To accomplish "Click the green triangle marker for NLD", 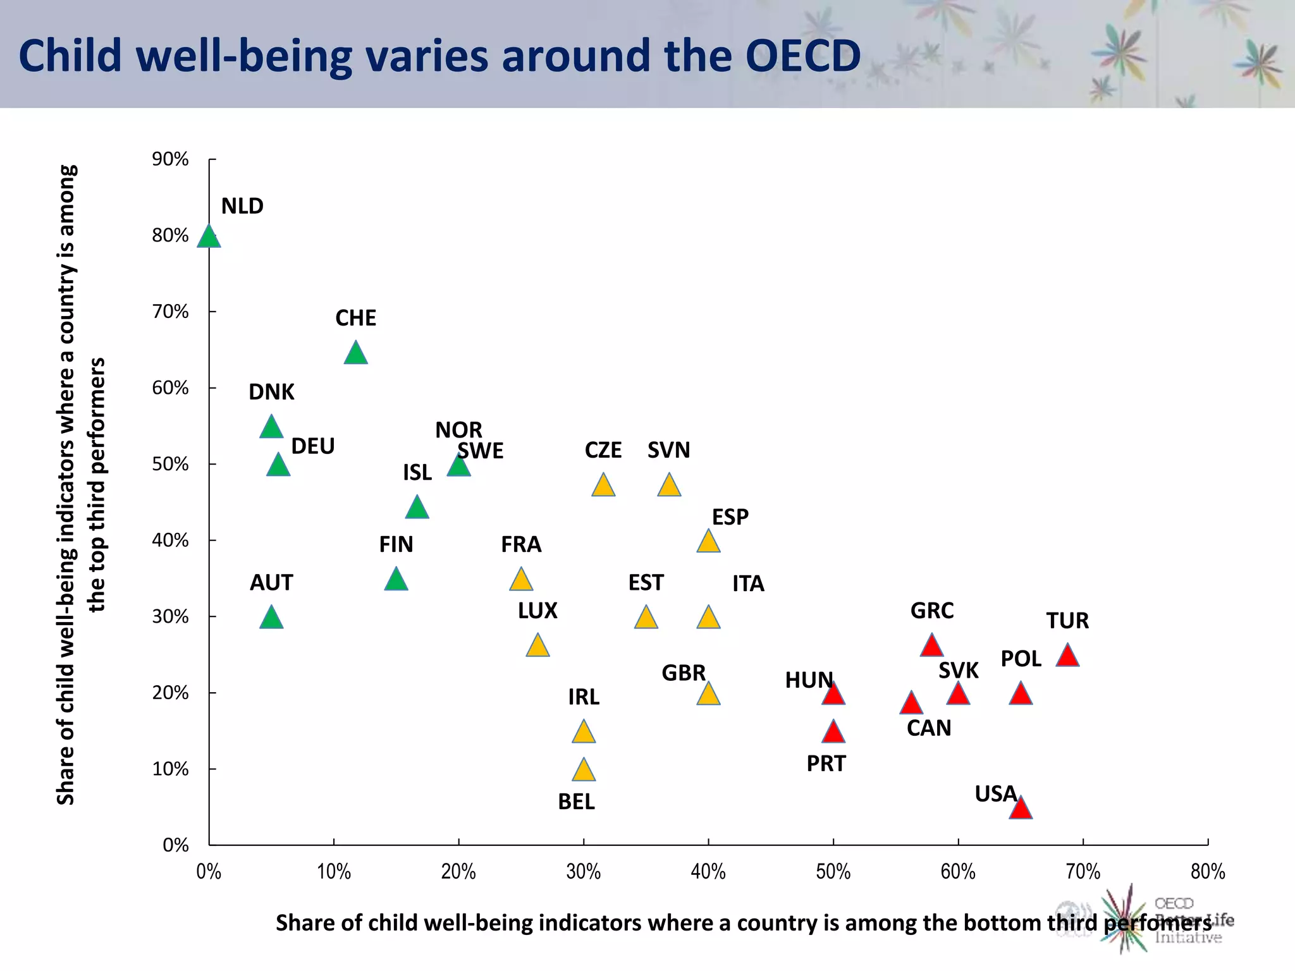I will [x=209, y=238].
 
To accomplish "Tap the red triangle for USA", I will [x=1021, y=809].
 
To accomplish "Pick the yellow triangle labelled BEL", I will [x=584, y=771].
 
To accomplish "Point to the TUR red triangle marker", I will [x=1067, y=656].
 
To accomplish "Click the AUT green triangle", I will [x=271, y=618].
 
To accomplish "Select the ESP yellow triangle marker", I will [x=708, y=542].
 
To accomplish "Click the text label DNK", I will [x=271, y=392].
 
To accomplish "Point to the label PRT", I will [x=826, y=764].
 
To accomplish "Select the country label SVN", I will [x=668, y=450].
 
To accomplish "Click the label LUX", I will [x=537, y=611].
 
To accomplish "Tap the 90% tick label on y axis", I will [x=170, y=159].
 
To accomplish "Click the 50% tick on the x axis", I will [x=833, y=872].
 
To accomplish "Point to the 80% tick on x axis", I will [x=1207, y=872].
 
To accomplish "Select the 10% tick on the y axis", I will [x=170, y=769].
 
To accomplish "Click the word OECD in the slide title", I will [x=803, y=56].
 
